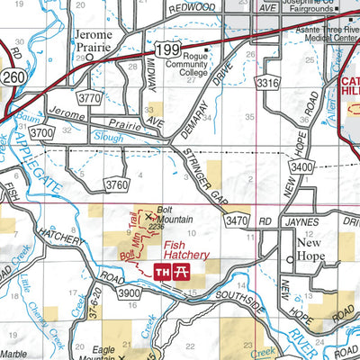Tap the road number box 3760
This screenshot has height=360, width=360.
click(x=117, y=184)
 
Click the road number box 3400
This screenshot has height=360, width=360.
click(x=302, y=168)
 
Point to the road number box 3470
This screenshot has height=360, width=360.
click(x=237, y=219)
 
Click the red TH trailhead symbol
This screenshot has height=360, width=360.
click(x=164, y=272)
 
